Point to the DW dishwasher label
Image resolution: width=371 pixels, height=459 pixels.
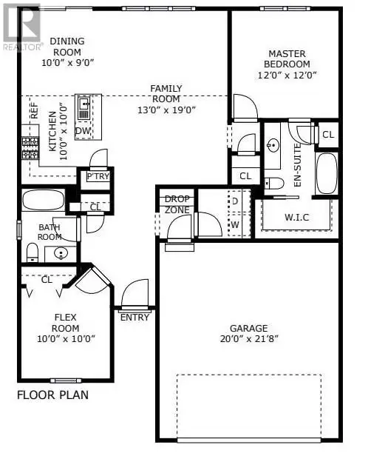pos(84,132)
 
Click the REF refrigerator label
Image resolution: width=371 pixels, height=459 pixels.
pos(34,110)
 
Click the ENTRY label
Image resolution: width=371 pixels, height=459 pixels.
pos(135,317)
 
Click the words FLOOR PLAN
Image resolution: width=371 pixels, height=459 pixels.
pos(52,395)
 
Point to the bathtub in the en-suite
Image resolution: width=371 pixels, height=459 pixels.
pos(326,172)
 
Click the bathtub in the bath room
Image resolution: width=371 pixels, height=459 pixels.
pos(43,200)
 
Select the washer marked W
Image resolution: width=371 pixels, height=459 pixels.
pos(235,223)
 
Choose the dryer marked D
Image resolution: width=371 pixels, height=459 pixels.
pos(235,201)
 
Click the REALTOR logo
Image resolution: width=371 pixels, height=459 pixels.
pos(21,26)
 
